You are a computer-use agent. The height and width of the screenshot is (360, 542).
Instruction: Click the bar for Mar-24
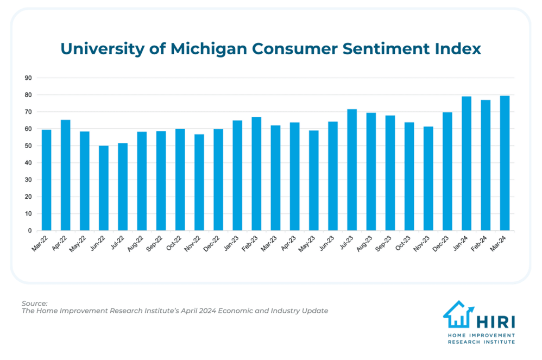(x=505, y=163)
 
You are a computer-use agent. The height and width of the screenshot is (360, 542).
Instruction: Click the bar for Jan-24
(x=466, y=163)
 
